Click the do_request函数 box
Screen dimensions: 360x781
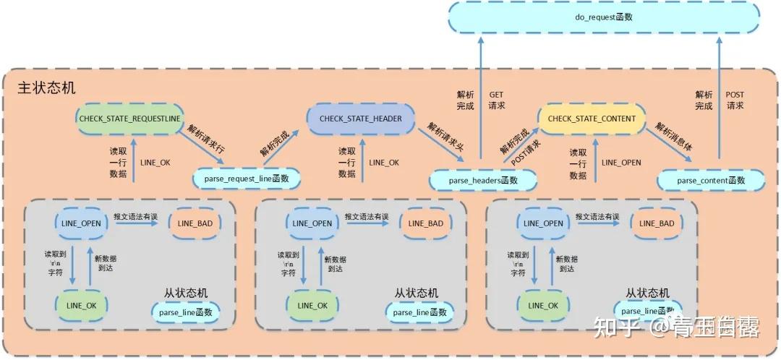pos(603,17)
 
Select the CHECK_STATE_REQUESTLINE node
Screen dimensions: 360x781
pos(130,118)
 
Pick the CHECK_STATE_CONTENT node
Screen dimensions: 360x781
pos(592,119)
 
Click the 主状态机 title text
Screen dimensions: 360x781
pos(46,88)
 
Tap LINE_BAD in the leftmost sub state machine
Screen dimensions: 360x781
pos(195,223)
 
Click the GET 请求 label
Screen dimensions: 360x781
pos(497,100)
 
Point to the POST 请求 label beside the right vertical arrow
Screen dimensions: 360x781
pos(735,100)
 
